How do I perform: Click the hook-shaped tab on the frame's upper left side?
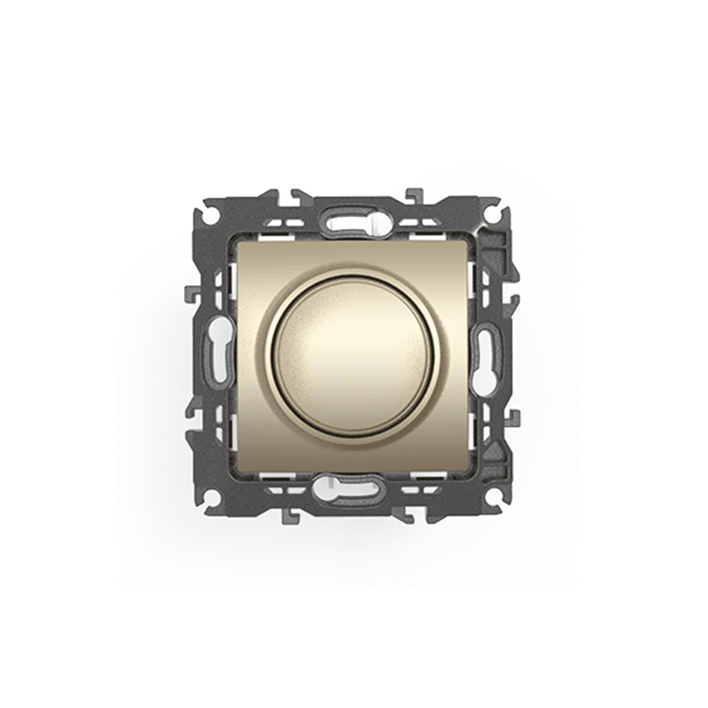191,292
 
